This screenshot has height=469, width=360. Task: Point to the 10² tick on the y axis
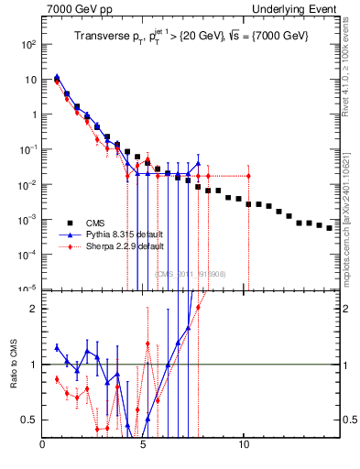pyautogui.click(x=27, y=44)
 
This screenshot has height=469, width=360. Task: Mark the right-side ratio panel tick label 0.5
pyautogui.click(x=350, y=420)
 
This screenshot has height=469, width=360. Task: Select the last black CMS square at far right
pyautogui.click(x=330, y=228)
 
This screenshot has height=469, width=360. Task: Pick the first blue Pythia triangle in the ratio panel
pyautogui.click(x=57, y=347)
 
